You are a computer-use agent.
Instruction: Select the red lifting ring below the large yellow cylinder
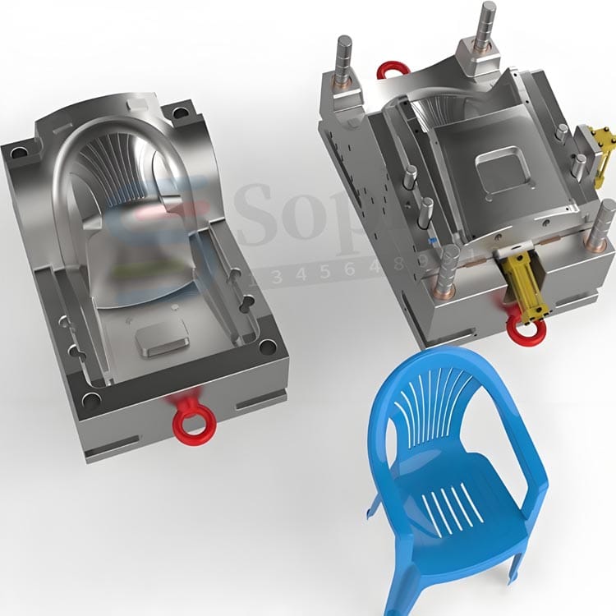(x=523, y=328)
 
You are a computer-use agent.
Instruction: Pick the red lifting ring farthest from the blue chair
(x=393, y=70)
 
